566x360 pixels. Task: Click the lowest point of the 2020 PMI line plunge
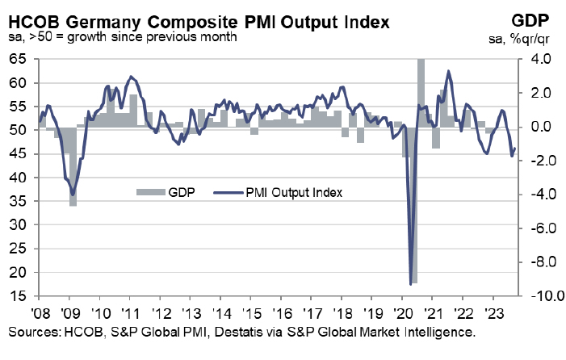coord(412,283)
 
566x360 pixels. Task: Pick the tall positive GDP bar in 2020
coord(421,93)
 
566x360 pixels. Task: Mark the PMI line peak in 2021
coord(448,72)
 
